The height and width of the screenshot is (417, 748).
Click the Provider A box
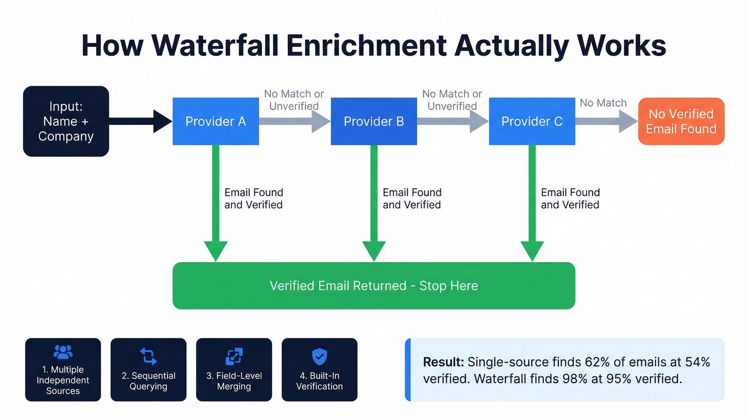(215, 122)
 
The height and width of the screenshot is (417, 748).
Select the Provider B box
(373, 122)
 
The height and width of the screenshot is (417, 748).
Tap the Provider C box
(532, 122)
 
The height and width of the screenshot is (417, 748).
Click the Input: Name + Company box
(66, 122)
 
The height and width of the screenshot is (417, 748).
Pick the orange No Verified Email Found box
(681, 122)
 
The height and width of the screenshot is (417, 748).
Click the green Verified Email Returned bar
(373, 286)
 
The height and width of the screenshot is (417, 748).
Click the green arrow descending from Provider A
(215, 203)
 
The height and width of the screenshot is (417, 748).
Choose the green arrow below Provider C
(532, 203)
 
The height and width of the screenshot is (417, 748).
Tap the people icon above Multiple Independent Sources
(63, 352)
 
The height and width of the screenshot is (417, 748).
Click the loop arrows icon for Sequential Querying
(149, 356)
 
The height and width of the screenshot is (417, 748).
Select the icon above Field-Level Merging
(234, 356)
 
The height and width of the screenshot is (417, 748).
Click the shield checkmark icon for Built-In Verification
(320, 356)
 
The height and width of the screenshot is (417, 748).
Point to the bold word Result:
(443, 363)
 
